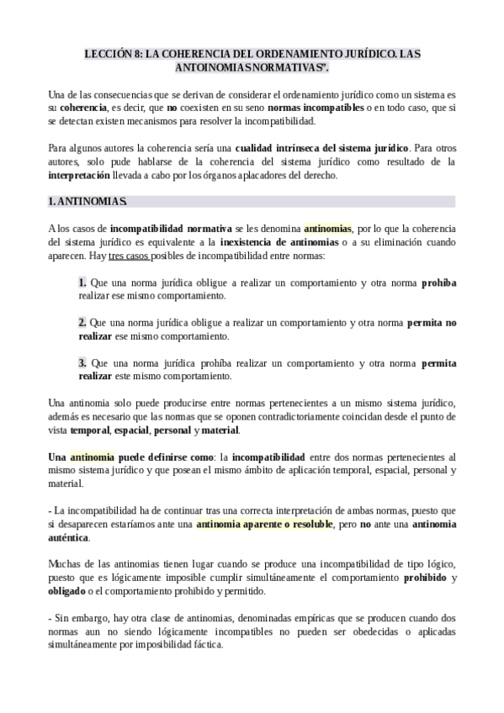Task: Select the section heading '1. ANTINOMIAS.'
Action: (x=88, y=202)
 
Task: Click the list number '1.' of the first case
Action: (x=82, y=283)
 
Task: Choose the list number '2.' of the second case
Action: (x=82, y=323)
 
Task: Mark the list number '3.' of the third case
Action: (x=82, y=363)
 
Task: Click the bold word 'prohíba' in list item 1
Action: (x=438, y=283)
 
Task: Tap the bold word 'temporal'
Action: (x=89, y=430)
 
